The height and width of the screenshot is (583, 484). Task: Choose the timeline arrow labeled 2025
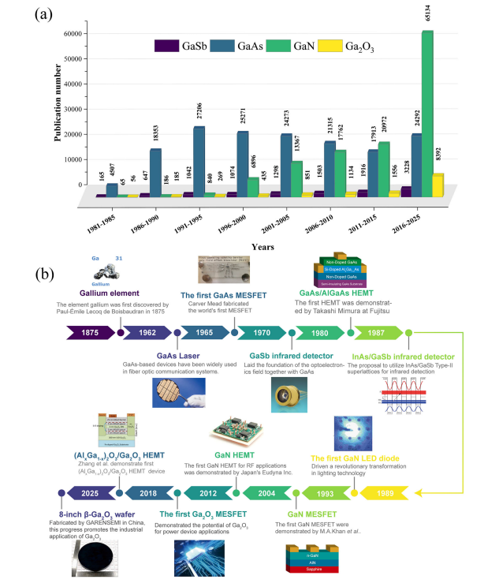click(x=88, y=471)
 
